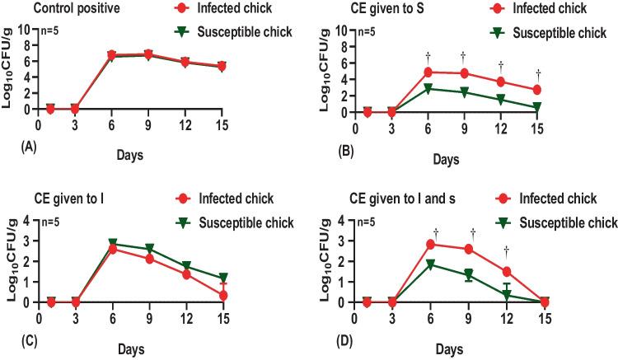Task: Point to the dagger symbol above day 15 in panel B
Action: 537,73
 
